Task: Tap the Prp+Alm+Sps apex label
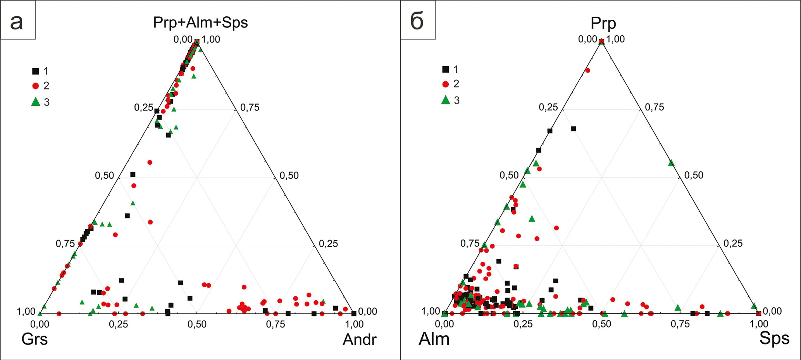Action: click(x=200, y=22)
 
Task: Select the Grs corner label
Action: click(x=34, y=339)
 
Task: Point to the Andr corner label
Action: click(x=360, y=340)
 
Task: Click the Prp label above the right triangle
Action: click(x=603, y=23)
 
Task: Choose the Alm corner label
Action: click(x=434, y=339)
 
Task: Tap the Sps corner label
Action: click(x=774, y=338)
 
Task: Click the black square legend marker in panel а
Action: click(x=36, y=71)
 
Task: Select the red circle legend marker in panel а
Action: click(x=36, y=86)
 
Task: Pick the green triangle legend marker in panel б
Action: click(x=446, y=100)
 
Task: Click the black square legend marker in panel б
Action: click(x=446, y=69)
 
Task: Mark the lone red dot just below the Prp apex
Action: click(x=587, y=70)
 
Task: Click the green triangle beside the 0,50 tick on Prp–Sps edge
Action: click(x=671, y=163)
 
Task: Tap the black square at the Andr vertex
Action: click(x=354, y=313)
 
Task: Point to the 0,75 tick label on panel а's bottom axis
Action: click(x=275, y=324)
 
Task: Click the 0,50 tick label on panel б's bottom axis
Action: click(x=602, y=324)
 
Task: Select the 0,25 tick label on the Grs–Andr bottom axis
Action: click(x=118, y=324)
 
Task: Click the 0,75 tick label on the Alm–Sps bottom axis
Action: click(x=680, y=324)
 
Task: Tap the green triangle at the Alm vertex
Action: click(x=444, y=313)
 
